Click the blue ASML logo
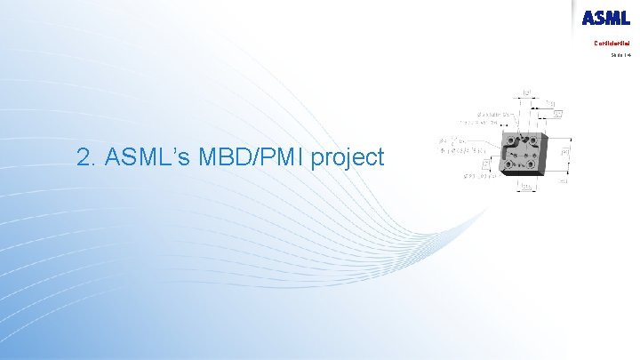(605, 18)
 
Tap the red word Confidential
(612, 42)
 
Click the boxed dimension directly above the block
(528, 92)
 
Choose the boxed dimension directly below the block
(526, 187)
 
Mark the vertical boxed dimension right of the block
(564, 153)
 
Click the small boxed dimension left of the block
(485, 164)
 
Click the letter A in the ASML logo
(590, 18)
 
